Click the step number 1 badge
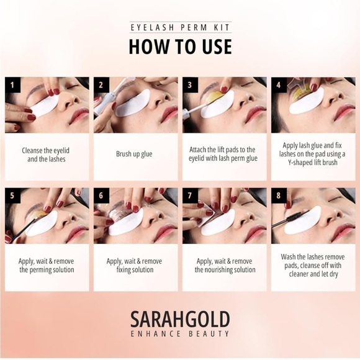click(12, 85)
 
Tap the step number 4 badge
click(279, 85)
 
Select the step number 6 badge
click(101, 196)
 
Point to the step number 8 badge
click(279, 196)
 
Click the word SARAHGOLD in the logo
click(180, 319)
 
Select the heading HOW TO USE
click(180, 47)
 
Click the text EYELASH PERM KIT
click(180, 27)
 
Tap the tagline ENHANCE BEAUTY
click(180, 333)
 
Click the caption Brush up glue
click(134, 154)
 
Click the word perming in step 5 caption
click(40, 270)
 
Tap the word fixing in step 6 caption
click(124, 270)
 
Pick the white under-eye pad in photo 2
click(133, 103)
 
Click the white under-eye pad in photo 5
click(42, 223)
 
